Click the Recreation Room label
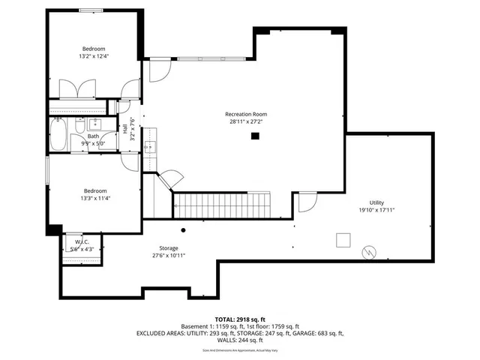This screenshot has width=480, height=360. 246,114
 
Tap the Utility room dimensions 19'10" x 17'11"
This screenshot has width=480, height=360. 376,210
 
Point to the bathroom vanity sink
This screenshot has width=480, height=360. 94,124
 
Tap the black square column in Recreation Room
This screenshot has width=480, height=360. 255,136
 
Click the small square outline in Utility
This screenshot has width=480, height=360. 342,239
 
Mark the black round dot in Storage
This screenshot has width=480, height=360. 183,230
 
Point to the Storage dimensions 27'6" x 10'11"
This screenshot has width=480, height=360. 168,256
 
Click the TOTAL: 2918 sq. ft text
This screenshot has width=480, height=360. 239,319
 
